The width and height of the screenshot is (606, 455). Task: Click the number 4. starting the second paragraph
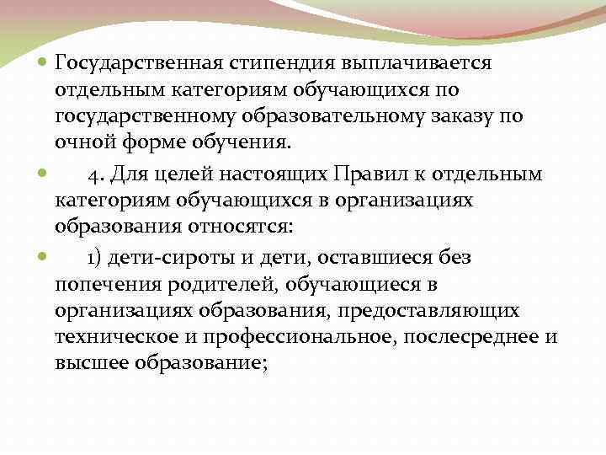[96, 175]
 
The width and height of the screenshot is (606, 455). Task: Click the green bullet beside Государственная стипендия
[43, 63]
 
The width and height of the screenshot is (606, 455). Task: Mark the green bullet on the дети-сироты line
[43, 259]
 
